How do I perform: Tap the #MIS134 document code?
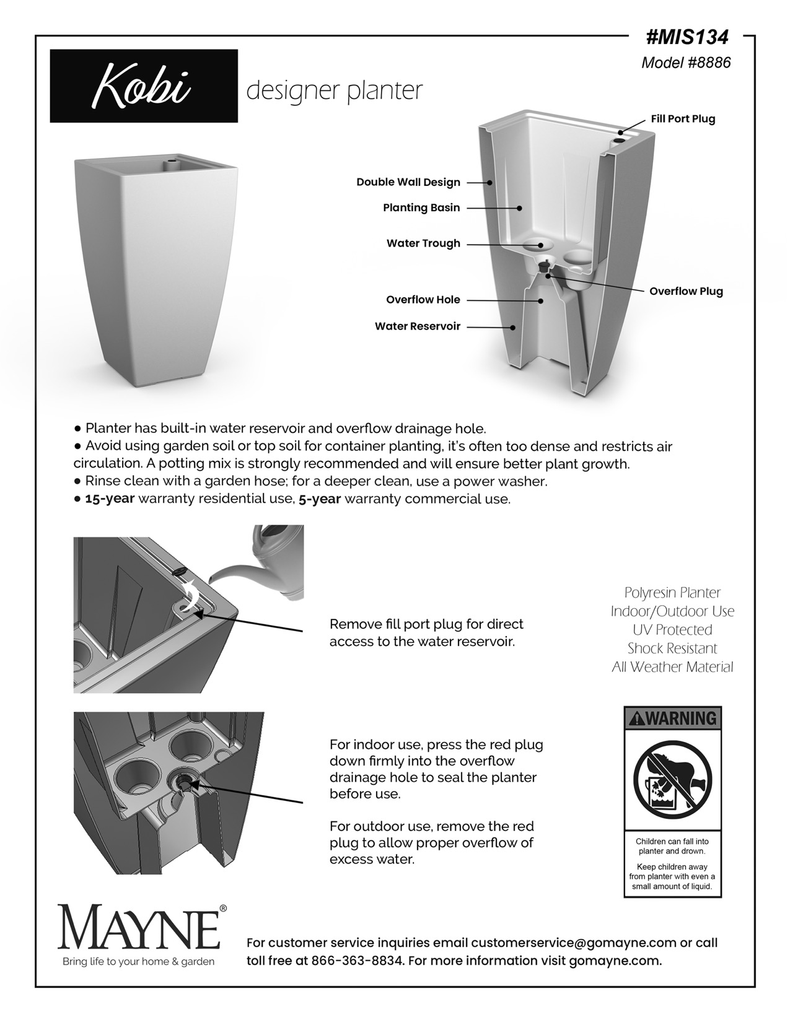(687, 38)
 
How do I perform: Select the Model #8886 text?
(686, 63)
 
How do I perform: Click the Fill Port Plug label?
(683, 119)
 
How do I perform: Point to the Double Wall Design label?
(408, 182)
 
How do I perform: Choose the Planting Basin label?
(421, 207)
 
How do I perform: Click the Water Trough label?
(423, 243)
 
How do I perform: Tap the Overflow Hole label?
(423, 300)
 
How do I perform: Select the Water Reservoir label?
(418, 326)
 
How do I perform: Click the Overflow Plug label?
(686, 291)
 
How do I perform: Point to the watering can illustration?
(273, 564)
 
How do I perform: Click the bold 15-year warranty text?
(110, 499)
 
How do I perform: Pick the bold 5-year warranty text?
(320, 499)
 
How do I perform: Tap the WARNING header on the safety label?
(672, 718)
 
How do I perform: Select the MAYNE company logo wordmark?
(139, 927)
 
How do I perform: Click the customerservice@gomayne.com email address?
(573, 943)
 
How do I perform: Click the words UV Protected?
(672, 630)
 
